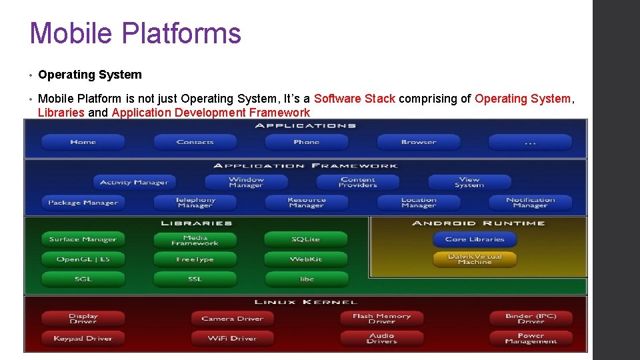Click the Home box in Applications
tap(83, 142)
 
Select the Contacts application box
tap(195, 142)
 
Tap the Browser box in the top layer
tap(419, 142)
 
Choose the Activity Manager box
tap(134, 182)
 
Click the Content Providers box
tap(357, 182)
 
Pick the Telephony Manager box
tap(195, 203)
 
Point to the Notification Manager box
tap(530, 203)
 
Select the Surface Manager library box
tap(83, 239)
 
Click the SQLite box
tap(306, 239)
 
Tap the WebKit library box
tap(306, 259)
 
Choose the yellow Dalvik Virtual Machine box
tap(475, 259)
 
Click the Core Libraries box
tap(475, 239)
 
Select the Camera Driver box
tap(232, 319)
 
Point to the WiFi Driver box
tap(232, 339)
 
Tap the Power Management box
tap(531, 339)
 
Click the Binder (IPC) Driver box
tap(531, 319)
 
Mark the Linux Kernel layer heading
tap(306, 303)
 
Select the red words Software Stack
tap(355, 99)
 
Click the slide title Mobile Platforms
tap(135, 33)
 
